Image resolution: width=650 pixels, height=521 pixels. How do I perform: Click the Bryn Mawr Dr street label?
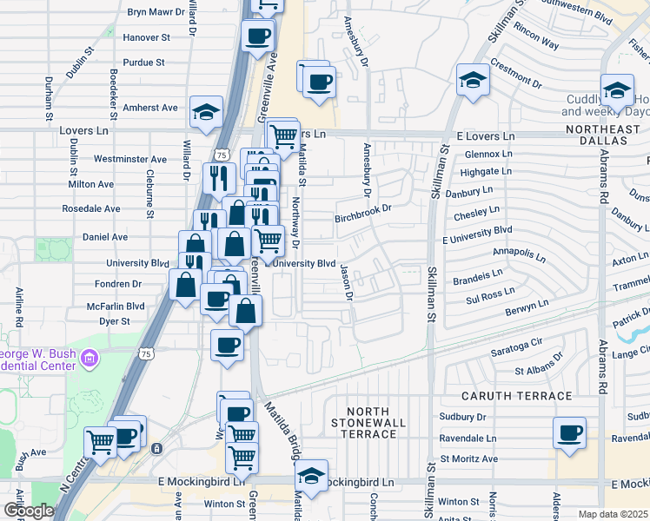click(157, 12)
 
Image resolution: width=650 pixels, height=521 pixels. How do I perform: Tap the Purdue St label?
click(144, 63)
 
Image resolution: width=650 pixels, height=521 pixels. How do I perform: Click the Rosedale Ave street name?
click(90, 209)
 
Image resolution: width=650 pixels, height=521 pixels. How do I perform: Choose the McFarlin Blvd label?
click(115, 306)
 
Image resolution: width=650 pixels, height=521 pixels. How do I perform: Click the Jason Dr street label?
click(348, 282)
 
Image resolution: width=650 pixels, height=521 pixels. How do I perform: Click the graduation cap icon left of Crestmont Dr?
click(472, 80)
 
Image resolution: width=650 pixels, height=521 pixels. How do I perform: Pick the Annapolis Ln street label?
click(519, 254)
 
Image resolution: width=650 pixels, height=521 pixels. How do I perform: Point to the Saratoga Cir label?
click(516, 346)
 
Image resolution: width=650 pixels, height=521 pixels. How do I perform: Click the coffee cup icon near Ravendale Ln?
click(569, 433)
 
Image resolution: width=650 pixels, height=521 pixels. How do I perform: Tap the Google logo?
click(29, 511)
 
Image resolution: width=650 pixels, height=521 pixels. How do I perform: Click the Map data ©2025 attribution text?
click(613, 514)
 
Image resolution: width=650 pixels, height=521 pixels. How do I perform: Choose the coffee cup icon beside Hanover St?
click(258, 37)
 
